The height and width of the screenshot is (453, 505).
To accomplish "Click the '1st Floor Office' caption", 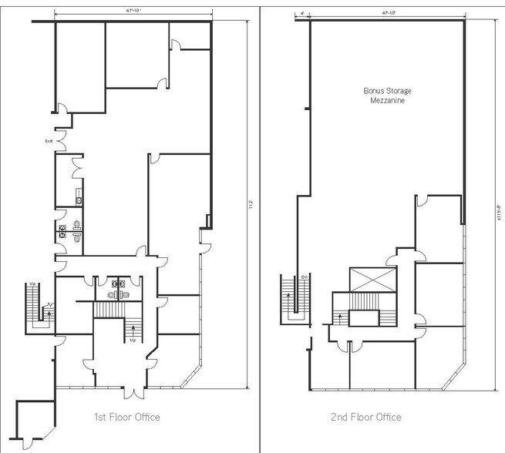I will point(126,418).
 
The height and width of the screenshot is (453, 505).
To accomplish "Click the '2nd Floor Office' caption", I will point(366,418).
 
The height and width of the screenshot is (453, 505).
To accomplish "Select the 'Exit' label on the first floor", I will point(49,141).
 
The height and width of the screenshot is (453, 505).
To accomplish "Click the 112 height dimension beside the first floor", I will point(251,204).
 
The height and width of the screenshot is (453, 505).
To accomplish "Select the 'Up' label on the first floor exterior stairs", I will point(32,284).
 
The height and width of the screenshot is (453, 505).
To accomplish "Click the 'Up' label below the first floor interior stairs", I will point(133,340).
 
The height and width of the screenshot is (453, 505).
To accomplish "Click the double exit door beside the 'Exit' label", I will point(62,139).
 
